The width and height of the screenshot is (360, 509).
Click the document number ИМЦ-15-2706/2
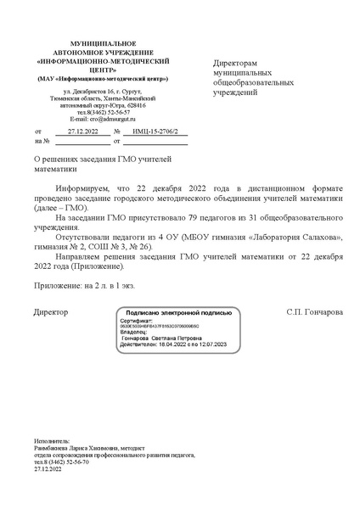155,132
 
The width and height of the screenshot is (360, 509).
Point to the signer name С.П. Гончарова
315,312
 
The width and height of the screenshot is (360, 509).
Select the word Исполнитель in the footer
51,442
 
